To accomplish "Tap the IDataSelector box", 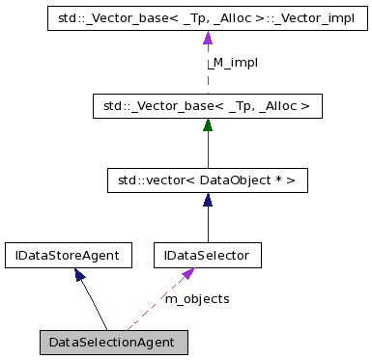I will click(208, 256).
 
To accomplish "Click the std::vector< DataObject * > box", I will click(208, 180).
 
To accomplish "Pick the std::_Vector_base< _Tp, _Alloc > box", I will click(208, 105).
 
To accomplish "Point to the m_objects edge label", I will click(197, 299).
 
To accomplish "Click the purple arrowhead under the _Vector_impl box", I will click(208, 38).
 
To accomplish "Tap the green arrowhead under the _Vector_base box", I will click(208, 124).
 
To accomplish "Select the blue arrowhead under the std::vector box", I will click(208, 199).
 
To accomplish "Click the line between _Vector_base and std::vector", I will click(208, 150).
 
